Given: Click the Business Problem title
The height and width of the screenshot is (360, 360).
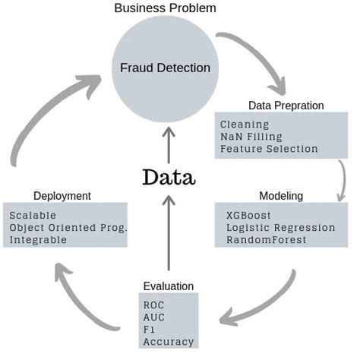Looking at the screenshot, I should tap(165, 8).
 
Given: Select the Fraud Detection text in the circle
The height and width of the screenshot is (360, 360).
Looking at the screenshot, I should tap(166, 68).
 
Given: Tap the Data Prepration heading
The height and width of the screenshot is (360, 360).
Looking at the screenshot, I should tap(286, 106).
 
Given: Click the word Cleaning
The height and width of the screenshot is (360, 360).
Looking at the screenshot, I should tap(244, 124).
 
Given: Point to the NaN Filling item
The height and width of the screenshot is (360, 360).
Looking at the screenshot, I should tap(251, 136).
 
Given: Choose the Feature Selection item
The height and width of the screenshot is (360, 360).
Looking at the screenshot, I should tap(269, 149).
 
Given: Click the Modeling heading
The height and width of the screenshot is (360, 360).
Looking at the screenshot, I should tap(281, 196).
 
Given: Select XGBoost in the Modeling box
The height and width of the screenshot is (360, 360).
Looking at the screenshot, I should tap(249, 215).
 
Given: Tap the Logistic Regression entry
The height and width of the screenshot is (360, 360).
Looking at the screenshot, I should tap(280, 227).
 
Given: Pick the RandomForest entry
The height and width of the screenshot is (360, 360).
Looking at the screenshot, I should tap(265, 239).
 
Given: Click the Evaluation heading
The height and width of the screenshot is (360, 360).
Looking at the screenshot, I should tap(168, 286).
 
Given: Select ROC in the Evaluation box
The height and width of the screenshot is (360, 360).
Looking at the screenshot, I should tap(153, 305).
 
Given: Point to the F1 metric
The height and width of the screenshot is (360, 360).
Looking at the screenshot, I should tap(149, 330).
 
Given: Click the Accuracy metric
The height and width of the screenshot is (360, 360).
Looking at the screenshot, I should tap(168, 342).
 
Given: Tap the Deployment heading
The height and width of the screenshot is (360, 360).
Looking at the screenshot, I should tap(62, 196).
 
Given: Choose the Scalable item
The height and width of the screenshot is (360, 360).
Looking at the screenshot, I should tap(33, 215).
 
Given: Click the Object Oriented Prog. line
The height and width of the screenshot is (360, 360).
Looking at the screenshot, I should tap(68, 227).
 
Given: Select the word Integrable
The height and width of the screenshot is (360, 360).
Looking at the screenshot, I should tap(38, 239).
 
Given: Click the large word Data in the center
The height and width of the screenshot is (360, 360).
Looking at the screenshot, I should tap(169, 177).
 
